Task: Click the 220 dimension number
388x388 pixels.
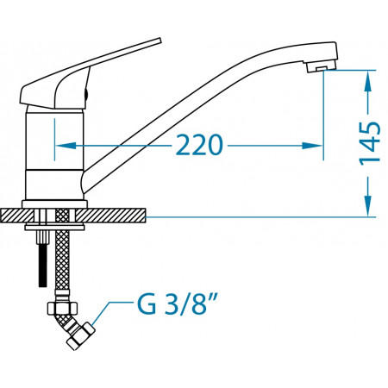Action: pos(199,145)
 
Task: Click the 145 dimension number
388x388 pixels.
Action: pos(370,143)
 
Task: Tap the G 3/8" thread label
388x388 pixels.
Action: pos(177,304)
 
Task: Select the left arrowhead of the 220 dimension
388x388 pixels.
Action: pos(66,146)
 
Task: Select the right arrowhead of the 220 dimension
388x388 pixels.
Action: pos(312,146)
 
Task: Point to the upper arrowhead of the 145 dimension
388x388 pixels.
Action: pos(368,81)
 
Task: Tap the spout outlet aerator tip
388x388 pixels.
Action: pos(322,67)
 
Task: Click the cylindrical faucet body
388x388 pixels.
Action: pos(54,153)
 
